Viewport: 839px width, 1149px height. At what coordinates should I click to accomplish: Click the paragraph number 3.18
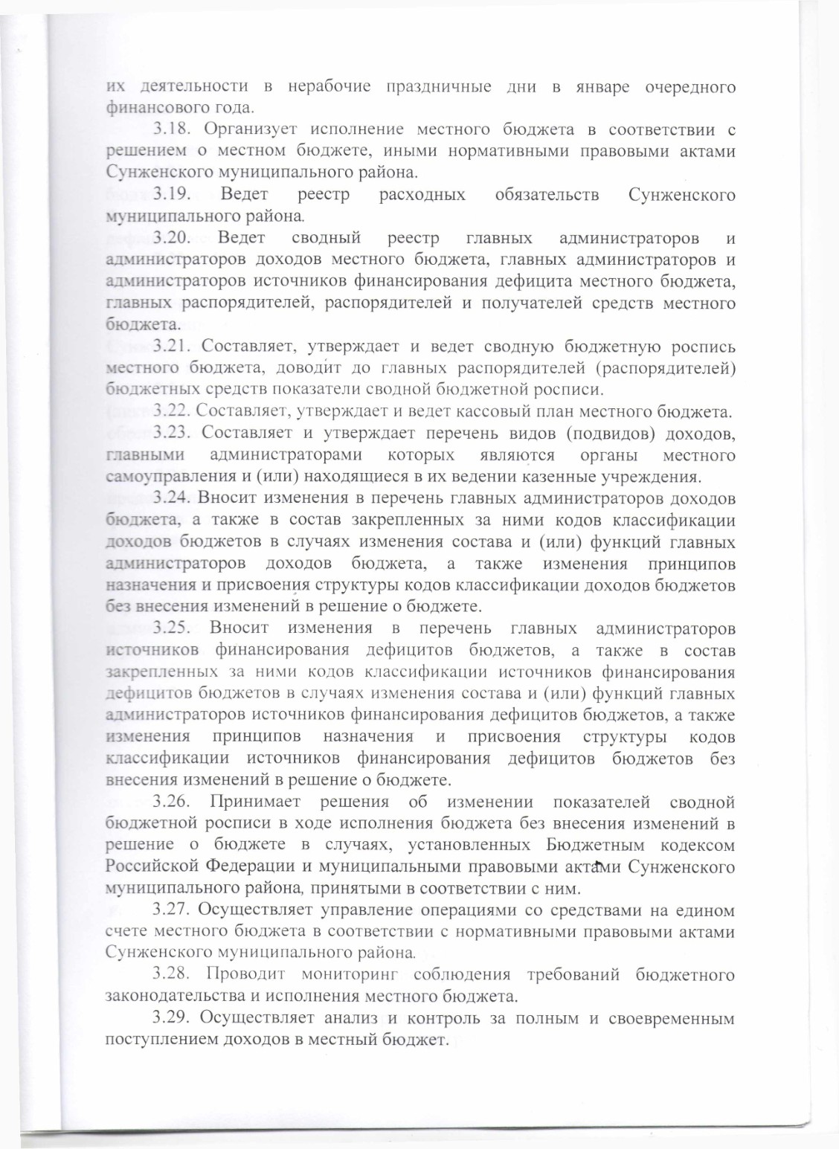173,129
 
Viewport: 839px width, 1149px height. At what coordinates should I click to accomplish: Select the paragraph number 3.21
173,347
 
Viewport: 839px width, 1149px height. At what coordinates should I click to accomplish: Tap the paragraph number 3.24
173,498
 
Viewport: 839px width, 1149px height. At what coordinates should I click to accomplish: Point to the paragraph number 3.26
173,802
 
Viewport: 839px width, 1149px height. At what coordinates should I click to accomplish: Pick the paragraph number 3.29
173,1019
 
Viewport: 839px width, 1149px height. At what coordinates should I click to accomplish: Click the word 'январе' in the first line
598,87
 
